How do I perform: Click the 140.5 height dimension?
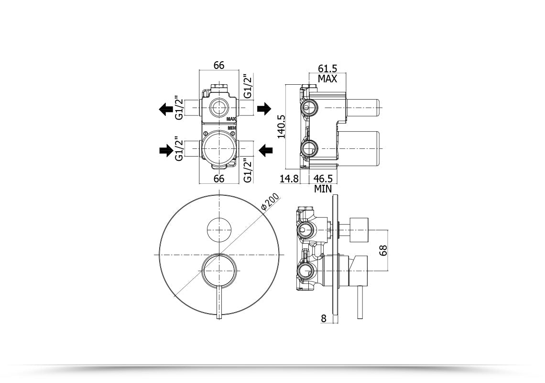[x=282, y=126]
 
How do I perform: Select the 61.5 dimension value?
[x=327, y=69]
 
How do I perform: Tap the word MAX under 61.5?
[x=327, y=79]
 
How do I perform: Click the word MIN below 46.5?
[x=323, y=189]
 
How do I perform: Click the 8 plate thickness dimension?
[x=324, y=318]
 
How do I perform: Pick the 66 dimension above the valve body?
[x=219, y=66]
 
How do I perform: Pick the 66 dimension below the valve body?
[x=219, y=179]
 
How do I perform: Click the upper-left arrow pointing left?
[x=166, y=109]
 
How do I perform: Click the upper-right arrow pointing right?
[x=264, y=109]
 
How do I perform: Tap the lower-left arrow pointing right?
[x=166, y=151]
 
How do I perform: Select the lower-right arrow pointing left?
[x=264, y=151]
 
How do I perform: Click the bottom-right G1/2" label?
[x=247, y=170]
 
